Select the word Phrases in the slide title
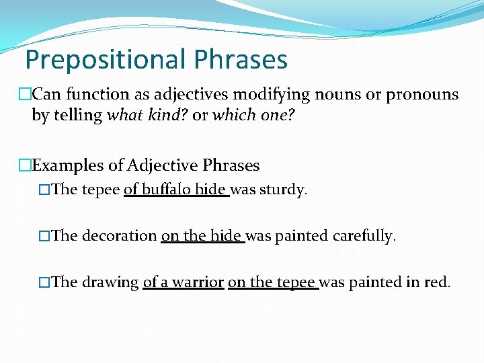[240, 60]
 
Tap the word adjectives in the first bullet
[177, 94]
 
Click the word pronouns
[422, 94]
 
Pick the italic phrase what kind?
[147, 115]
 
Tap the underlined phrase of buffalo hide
[176, 190]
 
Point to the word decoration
[119, 236]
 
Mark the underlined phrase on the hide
[202, 236]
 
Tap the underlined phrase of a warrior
[183, 282]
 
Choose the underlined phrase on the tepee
[272, 282]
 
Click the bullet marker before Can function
[26, 94]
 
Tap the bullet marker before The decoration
[44, 236]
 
